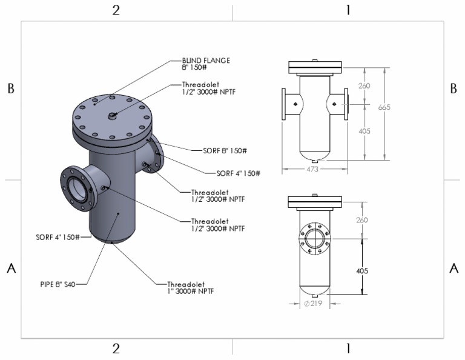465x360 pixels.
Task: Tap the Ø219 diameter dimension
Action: (313, 303)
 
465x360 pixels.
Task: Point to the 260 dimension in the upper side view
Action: (363, 86)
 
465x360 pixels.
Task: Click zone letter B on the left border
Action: (10, 88)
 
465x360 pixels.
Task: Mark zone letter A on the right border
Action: (454, 269)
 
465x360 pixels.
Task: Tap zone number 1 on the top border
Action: (348, 10)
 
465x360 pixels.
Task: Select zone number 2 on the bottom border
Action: (116, 348)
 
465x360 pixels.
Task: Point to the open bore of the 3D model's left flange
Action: (76, 190)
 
